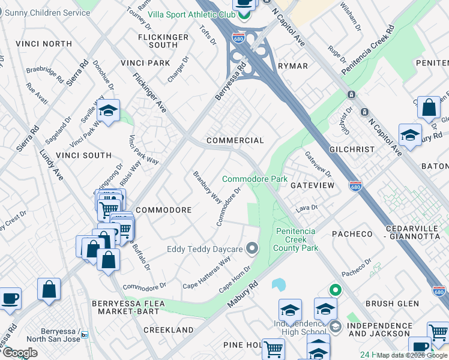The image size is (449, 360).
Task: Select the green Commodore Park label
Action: [x=255, y=179]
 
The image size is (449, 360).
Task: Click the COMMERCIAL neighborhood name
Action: [x=235, y=140]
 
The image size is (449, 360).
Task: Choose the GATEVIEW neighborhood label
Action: [x=312, y=186]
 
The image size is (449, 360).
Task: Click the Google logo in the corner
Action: [x=19, y=353]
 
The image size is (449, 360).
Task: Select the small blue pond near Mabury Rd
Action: [x=279, y=284]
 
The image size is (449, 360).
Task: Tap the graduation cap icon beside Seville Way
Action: [x=108, y=111]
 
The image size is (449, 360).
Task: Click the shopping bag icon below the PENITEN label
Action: [x=429, y=109]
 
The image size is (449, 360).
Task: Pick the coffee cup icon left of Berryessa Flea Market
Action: [x=10, y=298]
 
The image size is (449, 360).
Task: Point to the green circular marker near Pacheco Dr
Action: [x=334, y=290]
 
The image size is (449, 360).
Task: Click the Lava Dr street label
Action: [x=306, y=208]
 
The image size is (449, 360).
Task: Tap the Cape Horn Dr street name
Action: [x=234, y=280]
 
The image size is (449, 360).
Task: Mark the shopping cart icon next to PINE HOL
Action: [x=273, y=347]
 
